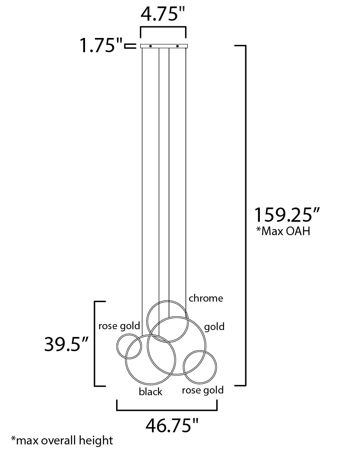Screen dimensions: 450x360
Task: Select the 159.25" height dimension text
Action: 286,214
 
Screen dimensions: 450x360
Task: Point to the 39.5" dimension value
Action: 66,344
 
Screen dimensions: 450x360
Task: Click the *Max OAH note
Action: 283,231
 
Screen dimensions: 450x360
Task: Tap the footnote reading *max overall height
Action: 62,440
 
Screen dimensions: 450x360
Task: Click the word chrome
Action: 206,298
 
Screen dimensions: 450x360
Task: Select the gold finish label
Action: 214,327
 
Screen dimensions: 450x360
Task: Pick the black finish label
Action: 151,391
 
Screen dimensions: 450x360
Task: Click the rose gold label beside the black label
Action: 202,390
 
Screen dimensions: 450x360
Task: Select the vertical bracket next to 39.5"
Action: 95,343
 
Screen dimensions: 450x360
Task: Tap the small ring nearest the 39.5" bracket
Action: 129,346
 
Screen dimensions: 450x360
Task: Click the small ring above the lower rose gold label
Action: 199,367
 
